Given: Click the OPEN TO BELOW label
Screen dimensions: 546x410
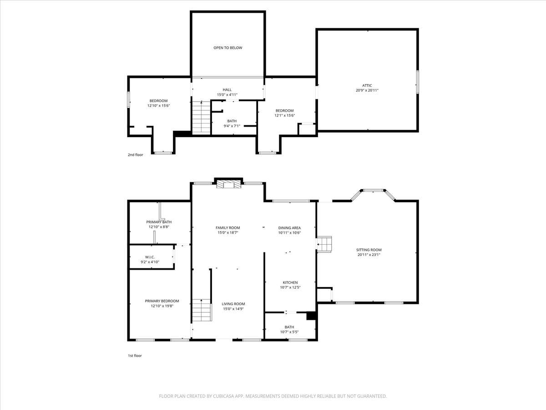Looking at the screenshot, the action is point(227,48).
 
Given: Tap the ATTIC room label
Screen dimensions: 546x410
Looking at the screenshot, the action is point(367,85).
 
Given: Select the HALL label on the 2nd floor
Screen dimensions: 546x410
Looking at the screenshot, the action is point(227,90).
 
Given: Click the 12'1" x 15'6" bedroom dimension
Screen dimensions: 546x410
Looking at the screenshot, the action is point(284,116).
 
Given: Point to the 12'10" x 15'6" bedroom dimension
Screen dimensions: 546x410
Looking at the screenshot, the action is point(158,106).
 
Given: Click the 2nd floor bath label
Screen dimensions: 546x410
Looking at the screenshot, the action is point(232,121).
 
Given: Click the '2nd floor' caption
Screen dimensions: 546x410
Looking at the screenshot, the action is point(135,155).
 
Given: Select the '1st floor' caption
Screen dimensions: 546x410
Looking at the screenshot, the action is point(135,356).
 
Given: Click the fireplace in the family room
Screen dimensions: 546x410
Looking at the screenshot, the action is point(228,184).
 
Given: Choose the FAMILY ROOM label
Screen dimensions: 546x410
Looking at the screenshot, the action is point(227,228).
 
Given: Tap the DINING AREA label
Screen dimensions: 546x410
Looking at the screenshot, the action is point(289,228).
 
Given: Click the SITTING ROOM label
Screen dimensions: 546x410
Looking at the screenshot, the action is point(369,250).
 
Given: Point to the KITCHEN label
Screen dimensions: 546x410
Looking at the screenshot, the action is point(290,282).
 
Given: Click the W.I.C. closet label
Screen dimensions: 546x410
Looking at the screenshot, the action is point(150,257).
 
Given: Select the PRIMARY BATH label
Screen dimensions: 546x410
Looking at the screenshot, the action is point(159,222).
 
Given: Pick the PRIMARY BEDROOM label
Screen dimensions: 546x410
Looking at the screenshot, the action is point(162,301).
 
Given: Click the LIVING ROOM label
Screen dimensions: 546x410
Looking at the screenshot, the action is point(233,304).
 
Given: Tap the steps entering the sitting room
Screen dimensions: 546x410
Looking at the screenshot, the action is point(324,245).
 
